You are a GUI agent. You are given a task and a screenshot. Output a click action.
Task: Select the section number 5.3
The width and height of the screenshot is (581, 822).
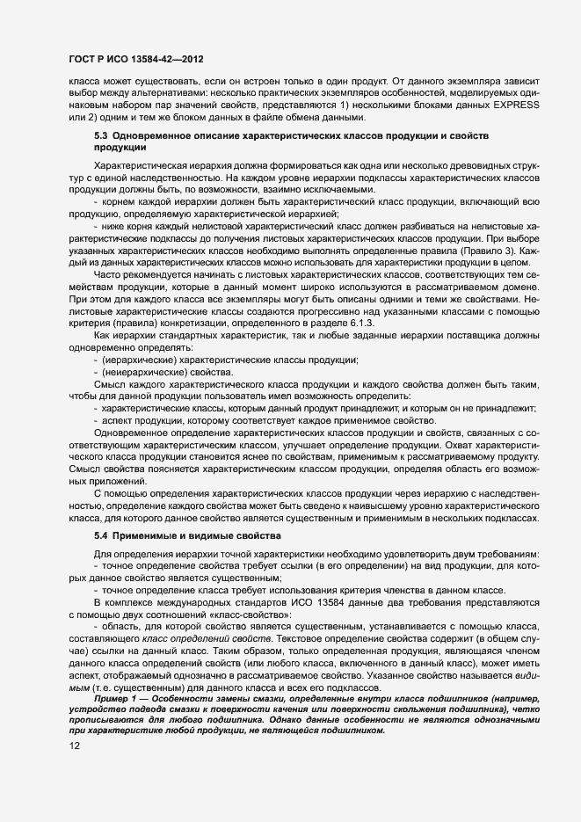(x=100, y=137)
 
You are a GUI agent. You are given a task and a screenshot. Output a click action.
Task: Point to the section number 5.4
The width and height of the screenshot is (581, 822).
(x=100, y=535)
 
